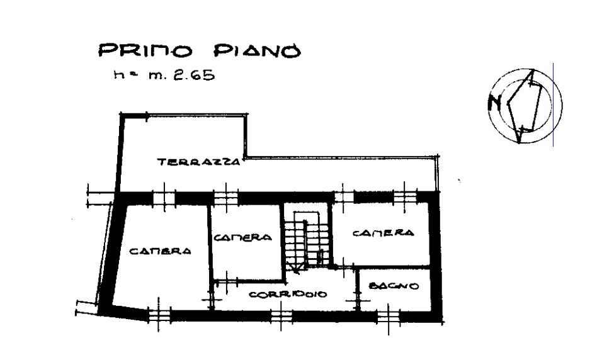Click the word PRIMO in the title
pos(145,50)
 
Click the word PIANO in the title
pos(257,50)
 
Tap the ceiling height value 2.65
pos(195,75)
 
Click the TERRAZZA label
pos(199,162)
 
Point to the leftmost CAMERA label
pos(160,251)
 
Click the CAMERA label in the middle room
pos(242,238)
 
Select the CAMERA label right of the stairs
pos(383,233)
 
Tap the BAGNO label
pos(394,286)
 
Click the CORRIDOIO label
pos(288,295)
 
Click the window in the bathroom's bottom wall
pos(389,317)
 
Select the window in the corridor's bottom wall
pos(281,317)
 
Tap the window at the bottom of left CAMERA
pos(160,315)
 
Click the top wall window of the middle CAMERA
pos(225,198)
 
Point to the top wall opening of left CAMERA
pos(164,198)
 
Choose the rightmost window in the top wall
pos(405,198)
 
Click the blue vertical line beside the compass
pos(554,104)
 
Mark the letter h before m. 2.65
pos(118,74)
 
